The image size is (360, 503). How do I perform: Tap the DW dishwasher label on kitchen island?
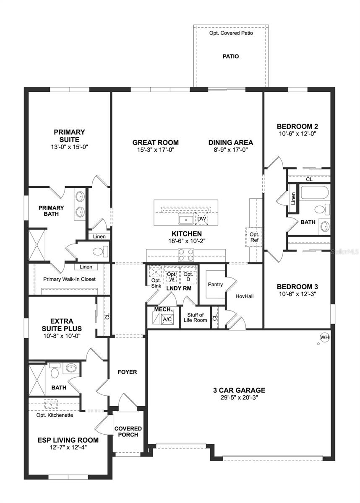click(201, 219)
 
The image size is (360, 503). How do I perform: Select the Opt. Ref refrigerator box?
click(254, 237)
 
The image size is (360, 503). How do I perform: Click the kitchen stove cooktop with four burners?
click(186, 254)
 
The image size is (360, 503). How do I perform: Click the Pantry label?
click(215, 284)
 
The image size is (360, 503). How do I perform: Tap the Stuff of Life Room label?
click(195, 317)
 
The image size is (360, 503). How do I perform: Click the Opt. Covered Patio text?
click(231, 33)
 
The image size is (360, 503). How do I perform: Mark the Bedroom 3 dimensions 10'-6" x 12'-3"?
click(297, 295)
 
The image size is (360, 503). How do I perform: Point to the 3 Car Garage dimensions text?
click(239, 398)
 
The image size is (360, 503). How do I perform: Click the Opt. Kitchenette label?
click(55, 415)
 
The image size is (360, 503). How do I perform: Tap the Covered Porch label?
click(128, 431)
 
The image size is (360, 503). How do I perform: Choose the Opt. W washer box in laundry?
click(172, 277)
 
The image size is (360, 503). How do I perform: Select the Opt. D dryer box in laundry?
click(188, 277)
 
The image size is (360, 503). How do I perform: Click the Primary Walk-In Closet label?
click(69, 279)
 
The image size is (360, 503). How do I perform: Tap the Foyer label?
click(127, 372)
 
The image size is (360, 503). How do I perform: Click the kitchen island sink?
click(185, 219)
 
